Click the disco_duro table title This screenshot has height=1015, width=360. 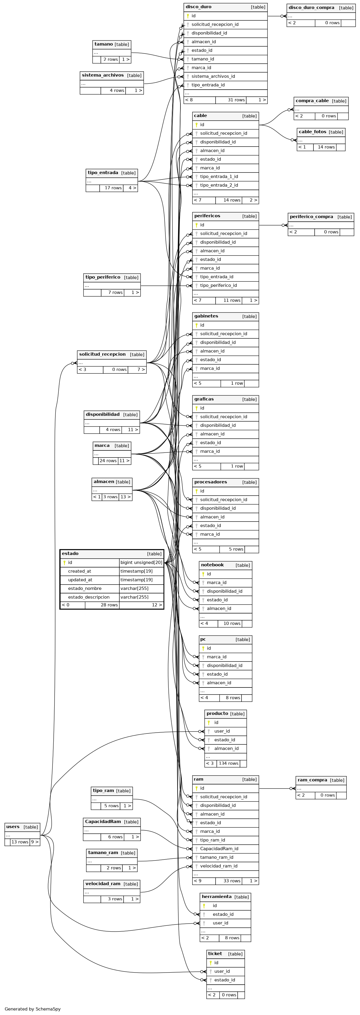tap(198, 7)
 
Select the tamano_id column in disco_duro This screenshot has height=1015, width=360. tap(203, 59)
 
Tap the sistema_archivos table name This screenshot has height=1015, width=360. tap(102, 75)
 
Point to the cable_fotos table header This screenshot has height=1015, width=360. tap(313, 132)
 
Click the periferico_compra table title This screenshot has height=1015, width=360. tap(311, 217)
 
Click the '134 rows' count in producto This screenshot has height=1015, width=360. tap(229, 763)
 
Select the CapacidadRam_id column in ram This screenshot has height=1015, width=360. tap(219, 849)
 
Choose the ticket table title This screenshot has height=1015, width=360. tap(215, 953)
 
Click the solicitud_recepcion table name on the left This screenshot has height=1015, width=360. tap(102, 354)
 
